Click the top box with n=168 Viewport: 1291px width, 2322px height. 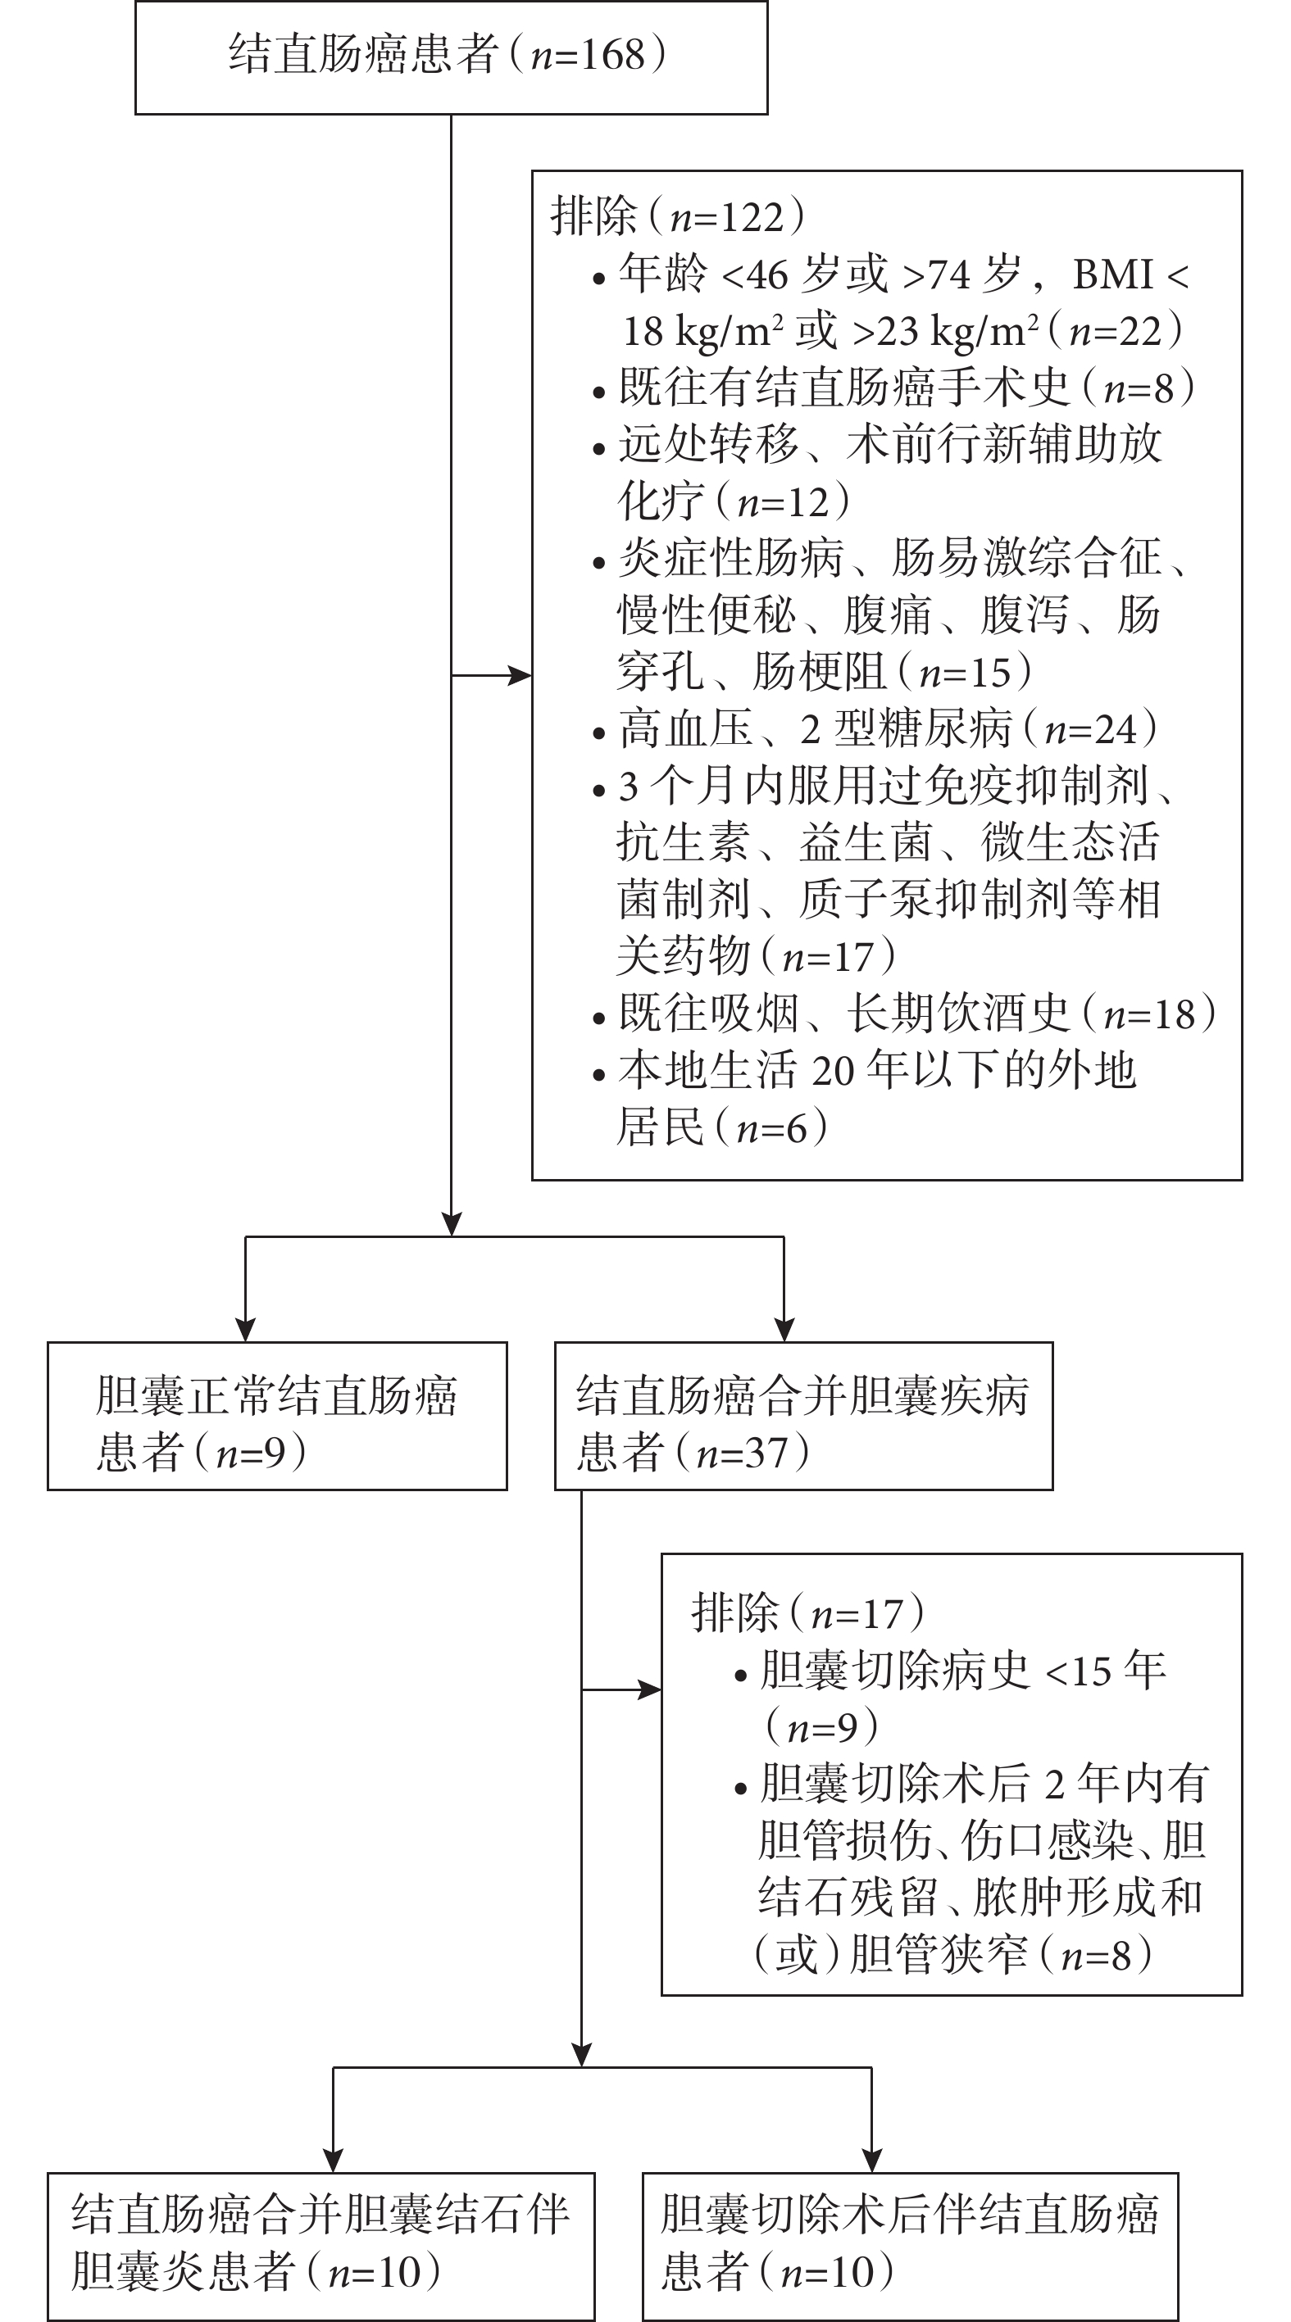pos(451,57)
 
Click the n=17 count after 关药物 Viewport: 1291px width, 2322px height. pos(829,956)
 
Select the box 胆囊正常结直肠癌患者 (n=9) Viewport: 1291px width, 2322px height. pos(278,1416)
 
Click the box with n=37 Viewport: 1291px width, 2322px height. pos(803,1416)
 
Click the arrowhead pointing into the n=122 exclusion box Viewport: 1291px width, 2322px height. pos(520,675)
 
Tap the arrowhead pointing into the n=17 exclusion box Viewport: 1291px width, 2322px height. pos(650,1690)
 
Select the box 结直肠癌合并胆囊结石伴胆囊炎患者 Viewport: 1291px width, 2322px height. pos(321,2247)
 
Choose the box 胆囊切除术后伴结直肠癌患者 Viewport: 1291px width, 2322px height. pos(911,2247)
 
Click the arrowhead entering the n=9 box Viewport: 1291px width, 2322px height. pos(245,1331)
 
